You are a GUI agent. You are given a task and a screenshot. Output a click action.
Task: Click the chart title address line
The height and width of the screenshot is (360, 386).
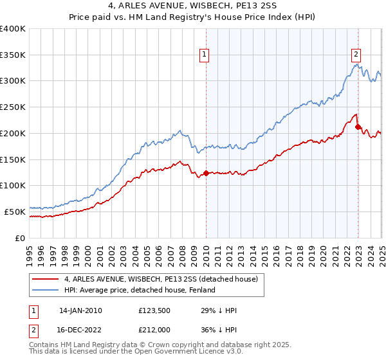192,7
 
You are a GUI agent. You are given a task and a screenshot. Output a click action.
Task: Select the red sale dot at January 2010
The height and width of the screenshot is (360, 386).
206,173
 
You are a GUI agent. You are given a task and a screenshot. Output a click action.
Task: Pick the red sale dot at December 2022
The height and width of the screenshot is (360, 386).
358,127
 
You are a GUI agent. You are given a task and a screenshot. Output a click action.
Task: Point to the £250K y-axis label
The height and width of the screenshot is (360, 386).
13,107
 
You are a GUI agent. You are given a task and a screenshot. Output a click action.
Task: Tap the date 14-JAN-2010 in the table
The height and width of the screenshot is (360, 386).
80,310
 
